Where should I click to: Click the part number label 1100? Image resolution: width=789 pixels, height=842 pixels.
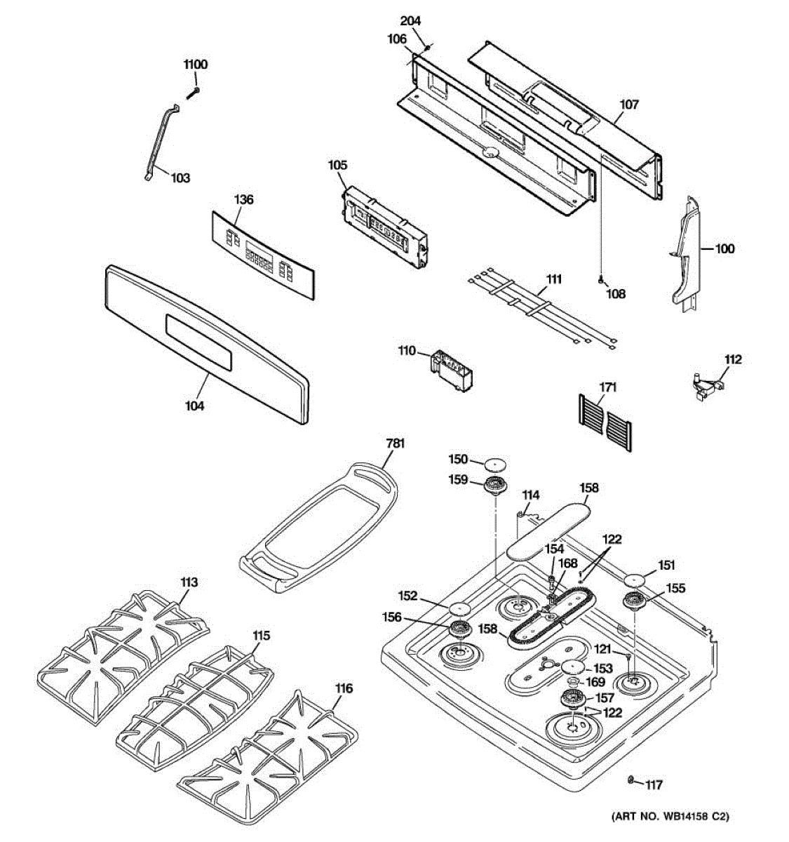coord(196,65)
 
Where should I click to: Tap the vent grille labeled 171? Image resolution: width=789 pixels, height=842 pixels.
coord(606,421)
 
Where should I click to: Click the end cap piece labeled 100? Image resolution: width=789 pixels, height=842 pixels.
coord(685,253)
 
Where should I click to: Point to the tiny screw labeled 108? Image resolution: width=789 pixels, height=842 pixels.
coord(601,280)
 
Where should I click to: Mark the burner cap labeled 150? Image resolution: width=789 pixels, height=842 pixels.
coord(495,463)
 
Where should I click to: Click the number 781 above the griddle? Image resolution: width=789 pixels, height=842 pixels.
coord(396,443)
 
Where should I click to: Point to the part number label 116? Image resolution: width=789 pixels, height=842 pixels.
coord(344,688)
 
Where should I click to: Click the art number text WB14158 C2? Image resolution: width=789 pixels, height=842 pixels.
coord(670,816)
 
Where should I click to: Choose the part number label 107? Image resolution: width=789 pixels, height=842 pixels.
coord(629,105)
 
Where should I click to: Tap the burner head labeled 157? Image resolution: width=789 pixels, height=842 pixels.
coord(574,700)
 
